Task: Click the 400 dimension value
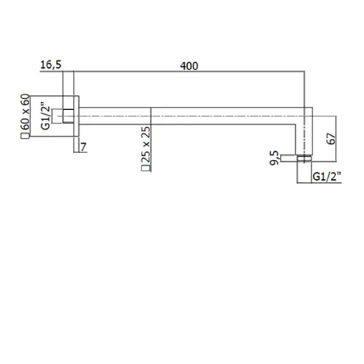189,66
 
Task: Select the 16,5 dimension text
51,65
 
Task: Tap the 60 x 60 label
25,112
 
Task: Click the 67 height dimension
331,138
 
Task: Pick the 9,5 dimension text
274,158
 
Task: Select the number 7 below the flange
83,147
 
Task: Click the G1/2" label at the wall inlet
46,118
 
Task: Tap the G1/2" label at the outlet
327,176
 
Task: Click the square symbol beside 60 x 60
25,136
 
